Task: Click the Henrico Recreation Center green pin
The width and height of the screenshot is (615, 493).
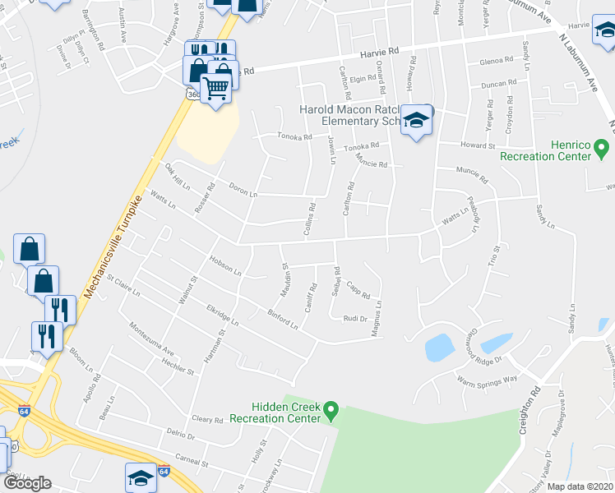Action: pos(601,150)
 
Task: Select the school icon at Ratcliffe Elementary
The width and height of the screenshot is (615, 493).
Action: pos(417,122)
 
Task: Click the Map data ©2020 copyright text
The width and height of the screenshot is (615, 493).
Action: pos(580,486)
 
